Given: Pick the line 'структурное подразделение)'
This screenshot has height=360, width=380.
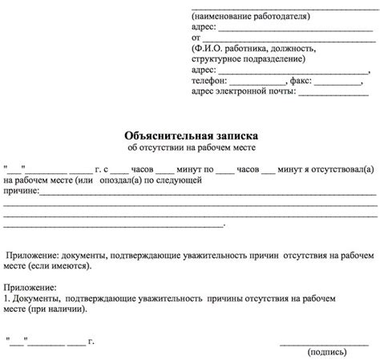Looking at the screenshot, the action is point(248,59).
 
